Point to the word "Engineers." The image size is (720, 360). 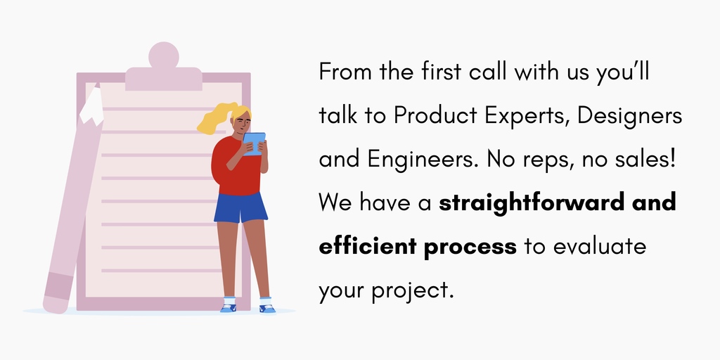coord(423,160)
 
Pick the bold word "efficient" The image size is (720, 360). coord(364,247)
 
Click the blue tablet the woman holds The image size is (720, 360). coord(255,143)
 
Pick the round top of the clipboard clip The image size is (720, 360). coord(164,56)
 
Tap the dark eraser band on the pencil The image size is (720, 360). coord(58,285)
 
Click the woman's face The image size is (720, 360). coord(243,124)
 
